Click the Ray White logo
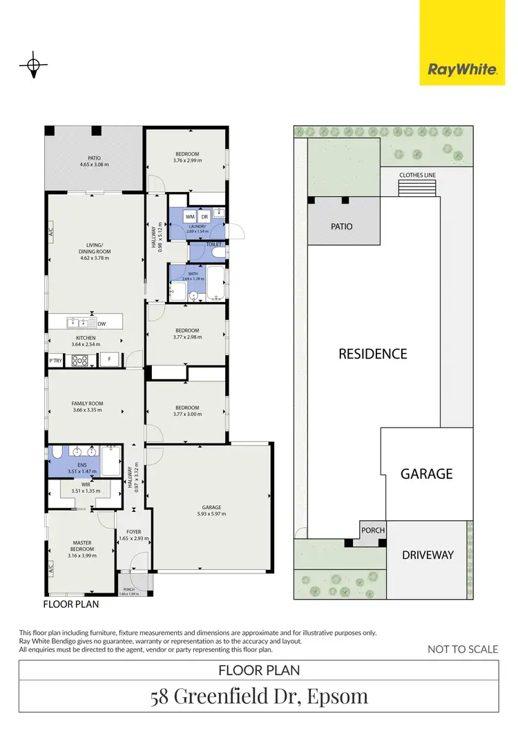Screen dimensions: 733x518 (x=463, y=68)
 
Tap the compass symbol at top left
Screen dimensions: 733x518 (x=32, y=66)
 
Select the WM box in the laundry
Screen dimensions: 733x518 (x=190, y=217)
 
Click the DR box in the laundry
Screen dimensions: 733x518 (x=205, y=217)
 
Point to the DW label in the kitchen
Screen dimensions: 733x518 (x=102, y=323)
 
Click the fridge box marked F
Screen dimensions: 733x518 (x=109, y=359)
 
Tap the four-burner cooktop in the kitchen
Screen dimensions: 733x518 (x=79, y=359)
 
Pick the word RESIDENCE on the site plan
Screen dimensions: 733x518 (x=372, y=354)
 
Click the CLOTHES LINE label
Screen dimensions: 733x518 (x=417, y=175)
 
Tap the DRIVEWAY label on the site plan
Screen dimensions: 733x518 (x=428, y=554)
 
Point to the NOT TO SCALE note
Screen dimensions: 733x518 (x=463, y=649)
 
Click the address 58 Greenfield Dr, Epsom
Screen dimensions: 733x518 (x=259, y=696)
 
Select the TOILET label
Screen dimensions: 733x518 (x=215, y=245)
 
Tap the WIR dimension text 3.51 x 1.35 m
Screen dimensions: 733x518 (x=82, y=491)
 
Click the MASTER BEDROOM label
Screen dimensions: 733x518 (x=82, y=546)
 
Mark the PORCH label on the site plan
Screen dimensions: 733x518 (x=373, y=531)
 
